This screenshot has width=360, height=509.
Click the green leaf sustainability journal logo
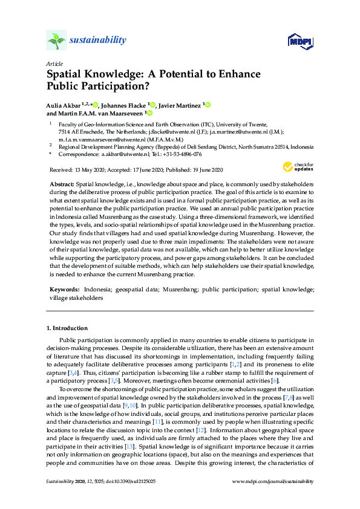56,41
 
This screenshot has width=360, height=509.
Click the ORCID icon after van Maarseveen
149,112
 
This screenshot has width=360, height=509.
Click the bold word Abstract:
62,183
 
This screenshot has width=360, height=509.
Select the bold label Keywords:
65,290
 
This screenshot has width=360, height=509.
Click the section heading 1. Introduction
67,328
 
